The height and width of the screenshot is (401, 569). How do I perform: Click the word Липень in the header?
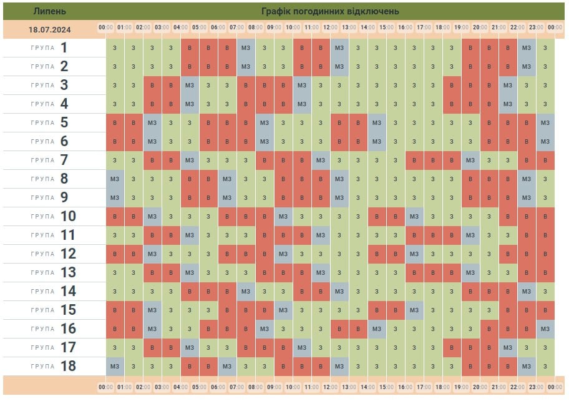click(49, 11)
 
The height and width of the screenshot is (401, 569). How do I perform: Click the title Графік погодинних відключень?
click(331, 11)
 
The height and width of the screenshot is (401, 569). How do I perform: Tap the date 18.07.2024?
click(49, 29)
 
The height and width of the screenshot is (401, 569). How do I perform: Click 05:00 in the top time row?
click(200, 27)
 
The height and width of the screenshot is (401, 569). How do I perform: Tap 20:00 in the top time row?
click(480, 27)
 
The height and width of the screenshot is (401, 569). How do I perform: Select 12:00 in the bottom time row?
click(331, 387)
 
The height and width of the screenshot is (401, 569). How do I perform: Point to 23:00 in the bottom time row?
click(536, 387)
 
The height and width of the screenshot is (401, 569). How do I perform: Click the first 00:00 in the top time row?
click(105, 27)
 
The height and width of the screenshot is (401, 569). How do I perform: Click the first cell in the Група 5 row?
click(115, 123)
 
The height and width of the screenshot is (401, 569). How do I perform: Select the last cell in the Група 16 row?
click(545, 329)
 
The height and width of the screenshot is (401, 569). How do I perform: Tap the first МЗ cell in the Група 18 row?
click(115, 366)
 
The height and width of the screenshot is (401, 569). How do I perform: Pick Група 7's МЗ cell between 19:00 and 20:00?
click(470, 161)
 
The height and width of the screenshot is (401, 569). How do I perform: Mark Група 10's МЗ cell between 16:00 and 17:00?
click(414, 217)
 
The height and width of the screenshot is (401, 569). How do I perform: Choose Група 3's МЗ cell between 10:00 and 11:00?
click(302, 86)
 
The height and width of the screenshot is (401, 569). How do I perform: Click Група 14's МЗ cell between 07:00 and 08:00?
click(246, 291)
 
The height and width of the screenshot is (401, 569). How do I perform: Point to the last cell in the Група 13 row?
click(545, 272)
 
